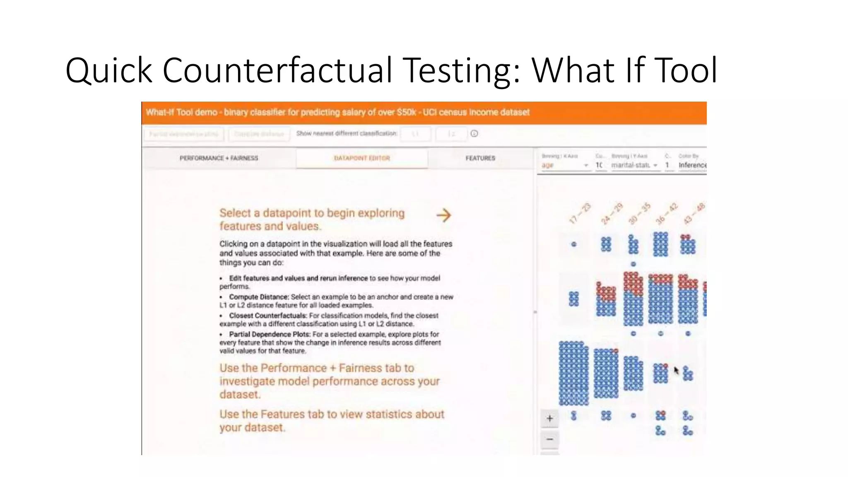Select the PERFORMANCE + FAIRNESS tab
point(219,158)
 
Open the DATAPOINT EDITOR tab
point(362,158)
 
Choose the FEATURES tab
point(480,158)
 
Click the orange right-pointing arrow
point(443,215)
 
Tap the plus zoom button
point(549,419)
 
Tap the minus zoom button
point(549,439)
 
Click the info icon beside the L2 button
point(475,134)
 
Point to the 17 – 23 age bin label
point(580,213)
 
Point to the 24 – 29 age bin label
point(612,213)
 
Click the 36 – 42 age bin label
point(667,213)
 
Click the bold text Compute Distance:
point(259,297)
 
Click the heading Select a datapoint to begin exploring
point(312,213)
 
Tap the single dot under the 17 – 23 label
point(574,244)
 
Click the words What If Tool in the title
point(624,70)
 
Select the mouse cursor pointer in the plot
point(676,370)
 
